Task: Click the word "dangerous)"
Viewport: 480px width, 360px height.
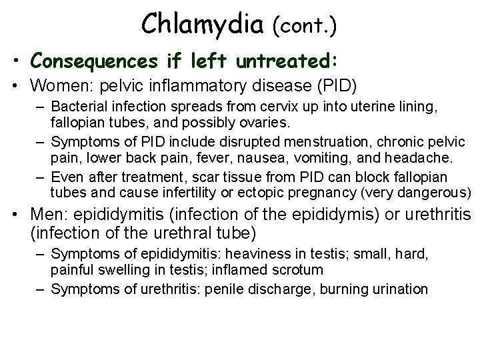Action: click(x=437, y=193)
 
